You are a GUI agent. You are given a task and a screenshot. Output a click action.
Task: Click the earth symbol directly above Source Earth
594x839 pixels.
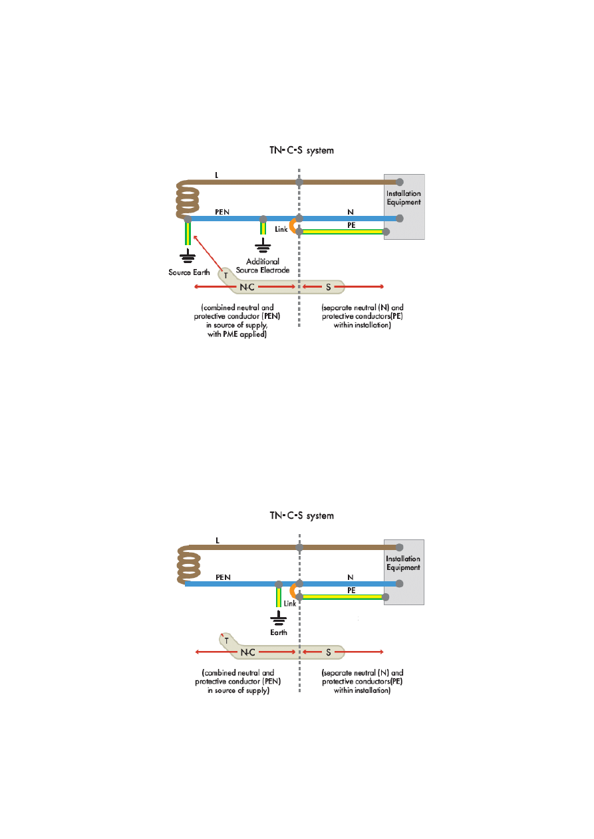click(188, 256)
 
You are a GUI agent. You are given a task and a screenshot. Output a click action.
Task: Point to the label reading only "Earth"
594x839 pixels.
click(279, 632)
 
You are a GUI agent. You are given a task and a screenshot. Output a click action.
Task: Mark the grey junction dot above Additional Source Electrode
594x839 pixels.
click(263, 219)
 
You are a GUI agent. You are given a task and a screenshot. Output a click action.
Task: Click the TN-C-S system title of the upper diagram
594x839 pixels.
click(301, 151)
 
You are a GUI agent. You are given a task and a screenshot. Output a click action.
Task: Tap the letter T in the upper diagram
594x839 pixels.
click(225, 275)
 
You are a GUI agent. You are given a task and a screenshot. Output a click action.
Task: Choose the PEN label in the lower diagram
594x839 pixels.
click(223, 577)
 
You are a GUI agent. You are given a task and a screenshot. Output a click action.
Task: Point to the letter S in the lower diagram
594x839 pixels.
click(328, 652)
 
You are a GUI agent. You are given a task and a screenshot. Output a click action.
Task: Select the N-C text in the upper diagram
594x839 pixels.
click(247, 288)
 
